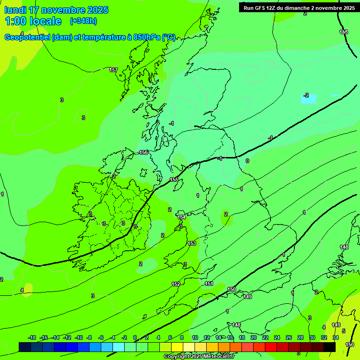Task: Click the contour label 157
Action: pyautogui.click(x=113, y=70)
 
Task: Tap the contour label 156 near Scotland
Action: pyautogui.click(x=143, y=152)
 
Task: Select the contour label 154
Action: pyautogui.click(x=182, y=217)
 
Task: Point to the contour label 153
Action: pyautogui.click(x=192, y=243)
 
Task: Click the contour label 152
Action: pyautogui.click(x=176, y=284)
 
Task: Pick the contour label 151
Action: pyautogui.click(x=209, y=284)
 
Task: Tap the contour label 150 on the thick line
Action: pyautogui.click(x=232, y=289)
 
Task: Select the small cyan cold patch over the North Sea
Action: pyautogui.click(x=308, y=99)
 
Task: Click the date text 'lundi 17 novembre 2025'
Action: pyautogui.click(x=56, y=10)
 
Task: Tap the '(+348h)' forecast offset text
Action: pyautogui.click(x=83, y=21)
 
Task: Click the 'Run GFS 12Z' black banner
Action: pyautogui.click(x=299, y=7)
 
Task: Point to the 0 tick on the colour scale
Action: pyautogui.click(x=135, y=337)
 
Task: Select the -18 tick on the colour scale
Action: pyautogui.click(x=32, y=337)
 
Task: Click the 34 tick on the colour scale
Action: pyautogui.click(x=336, y=337)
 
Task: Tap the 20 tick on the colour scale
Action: pyautogui.click(x=254, y=337)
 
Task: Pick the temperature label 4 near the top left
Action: pyautogui.click(x=22, y=33)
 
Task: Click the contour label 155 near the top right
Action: pyautogui.click(x=344, y=32)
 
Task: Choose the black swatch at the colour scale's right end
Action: pyautogui.click(x=330, y=347)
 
